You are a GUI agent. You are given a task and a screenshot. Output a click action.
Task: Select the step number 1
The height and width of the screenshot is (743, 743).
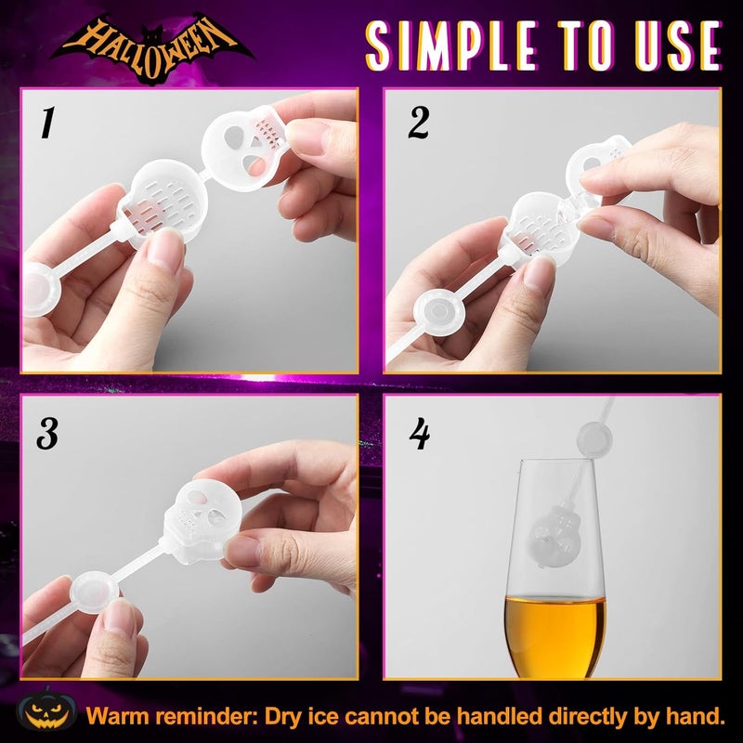(x=46, y=123)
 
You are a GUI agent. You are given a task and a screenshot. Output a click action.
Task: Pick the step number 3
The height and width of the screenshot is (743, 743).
(x=46, y=432)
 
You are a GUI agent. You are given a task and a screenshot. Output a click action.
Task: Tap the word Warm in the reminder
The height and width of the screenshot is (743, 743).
(x=120, y=716)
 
